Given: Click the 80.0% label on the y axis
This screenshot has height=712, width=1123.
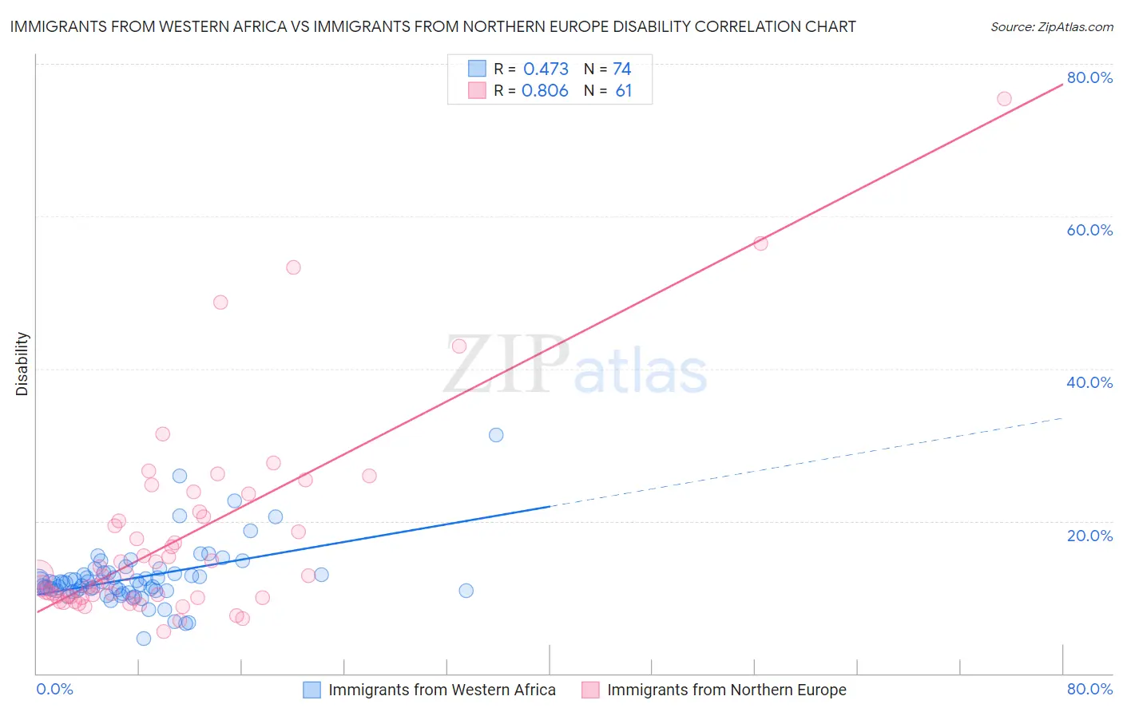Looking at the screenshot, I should [1089, 77].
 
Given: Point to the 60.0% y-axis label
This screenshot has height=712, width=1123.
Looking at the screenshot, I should [1089, 230].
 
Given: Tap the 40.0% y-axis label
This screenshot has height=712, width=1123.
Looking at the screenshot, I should [1089, 382].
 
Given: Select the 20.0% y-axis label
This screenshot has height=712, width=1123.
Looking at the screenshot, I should [1089, 536].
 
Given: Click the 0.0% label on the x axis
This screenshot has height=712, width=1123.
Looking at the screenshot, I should [54, 689].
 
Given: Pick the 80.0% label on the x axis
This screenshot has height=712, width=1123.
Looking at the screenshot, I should [1089, 689].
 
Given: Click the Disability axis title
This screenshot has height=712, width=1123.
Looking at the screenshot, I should [22, 364].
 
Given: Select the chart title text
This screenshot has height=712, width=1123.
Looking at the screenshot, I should [433, 26].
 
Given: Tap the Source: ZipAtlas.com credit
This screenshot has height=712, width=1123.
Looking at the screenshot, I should [1051, 26].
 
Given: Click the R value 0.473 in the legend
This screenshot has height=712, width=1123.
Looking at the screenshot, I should [546, 69].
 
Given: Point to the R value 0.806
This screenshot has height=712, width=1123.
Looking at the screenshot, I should [545, 91].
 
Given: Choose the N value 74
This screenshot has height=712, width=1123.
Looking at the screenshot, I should [621, 69].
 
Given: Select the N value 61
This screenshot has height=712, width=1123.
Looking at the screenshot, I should [623, 91].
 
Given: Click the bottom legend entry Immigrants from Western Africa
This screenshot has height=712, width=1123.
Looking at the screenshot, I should [442, 690].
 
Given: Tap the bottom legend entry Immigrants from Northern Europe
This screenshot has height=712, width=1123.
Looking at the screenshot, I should [726, 690].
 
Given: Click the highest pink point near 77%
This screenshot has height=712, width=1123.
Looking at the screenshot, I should [1004, 99].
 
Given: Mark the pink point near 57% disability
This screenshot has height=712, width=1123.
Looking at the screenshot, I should [760, 243].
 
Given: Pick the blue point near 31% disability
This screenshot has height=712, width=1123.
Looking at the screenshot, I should [496, 435].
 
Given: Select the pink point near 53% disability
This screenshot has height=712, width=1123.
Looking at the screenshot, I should [293, 267].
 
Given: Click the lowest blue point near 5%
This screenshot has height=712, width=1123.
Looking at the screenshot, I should [144, 639].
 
